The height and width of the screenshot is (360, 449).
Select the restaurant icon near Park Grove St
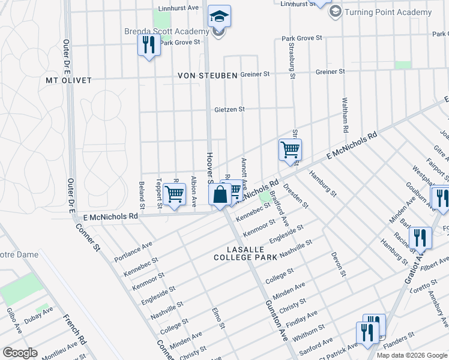(x=148, y=46)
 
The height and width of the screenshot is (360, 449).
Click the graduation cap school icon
(x=219, y=17)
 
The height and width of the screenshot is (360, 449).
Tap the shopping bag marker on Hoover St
(x=220, y=195)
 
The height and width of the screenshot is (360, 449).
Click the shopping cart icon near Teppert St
(x=174, y=195)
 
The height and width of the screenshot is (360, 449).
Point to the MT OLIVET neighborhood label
(x=69, y=80)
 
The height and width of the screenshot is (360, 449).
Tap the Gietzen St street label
(x=230, y=109)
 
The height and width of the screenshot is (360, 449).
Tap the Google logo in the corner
(x=20, y=352)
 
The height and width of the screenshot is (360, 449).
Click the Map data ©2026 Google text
(x=412, y=355)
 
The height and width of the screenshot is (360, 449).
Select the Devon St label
(x=338, y=264)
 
